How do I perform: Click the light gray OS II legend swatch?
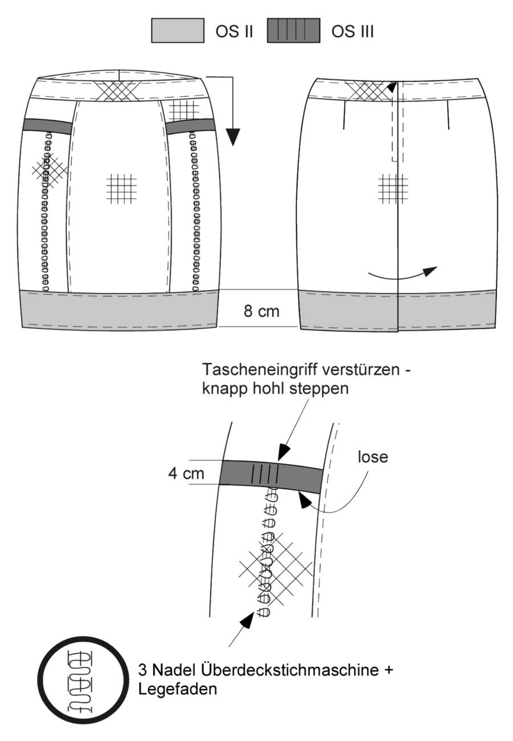point(178,30)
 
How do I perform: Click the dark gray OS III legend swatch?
point(294,30)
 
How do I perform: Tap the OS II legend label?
point(234,31)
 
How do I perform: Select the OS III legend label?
point(352,31)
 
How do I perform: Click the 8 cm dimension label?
point(261,311)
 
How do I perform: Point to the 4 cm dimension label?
point(186,474)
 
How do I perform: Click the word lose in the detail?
point(373,457)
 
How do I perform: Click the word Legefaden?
point(178,680)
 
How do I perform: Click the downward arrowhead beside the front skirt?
point(233,137)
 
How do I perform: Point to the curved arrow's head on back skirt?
point(430,271)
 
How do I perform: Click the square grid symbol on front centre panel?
point(122,189)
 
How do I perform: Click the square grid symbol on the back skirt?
point(393,189)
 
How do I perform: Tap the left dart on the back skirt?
point(344,115)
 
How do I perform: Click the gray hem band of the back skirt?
point(398,311)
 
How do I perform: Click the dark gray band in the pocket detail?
point(271,477)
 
